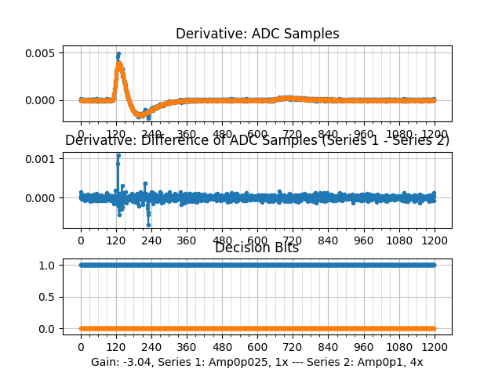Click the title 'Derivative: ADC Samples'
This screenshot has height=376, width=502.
click(257, 34)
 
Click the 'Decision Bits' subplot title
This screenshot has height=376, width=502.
click(257, 248)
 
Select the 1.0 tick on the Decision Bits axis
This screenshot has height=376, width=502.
click(49, 265)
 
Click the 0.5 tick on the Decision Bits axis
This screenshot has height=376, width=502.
click(49, 297)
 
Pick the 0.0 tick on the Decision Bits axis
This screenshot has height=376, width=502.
click(49, 328)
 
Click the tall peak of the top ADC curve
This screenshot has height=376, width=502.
click(118, 54)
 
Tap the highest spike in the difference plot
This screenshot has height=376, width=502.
click(118, 155)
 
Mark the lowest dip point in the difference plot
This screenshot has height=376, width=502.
click(148, 225)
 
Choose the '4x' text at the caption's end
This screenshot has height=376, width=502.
click(416, 362)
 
